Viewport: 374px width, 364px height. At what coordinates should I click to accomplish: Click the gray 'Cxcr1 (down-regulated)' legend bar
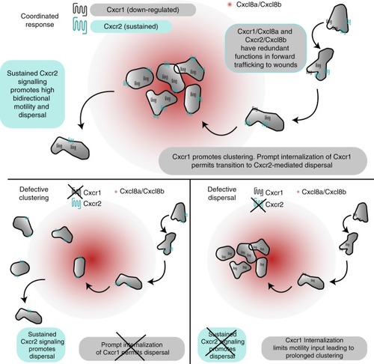click(x=143, y=10)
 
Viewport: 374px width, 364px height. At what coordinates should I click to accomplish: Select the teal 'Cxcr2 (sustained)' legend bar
click(x=131, y=26)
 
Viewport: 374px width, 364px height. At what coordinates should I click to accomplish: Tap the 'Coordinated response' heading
click(x=40, y=20)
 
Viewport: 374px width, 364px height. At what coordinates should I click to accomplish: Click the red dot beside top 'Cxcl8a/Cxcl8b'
click(x=230, y=4)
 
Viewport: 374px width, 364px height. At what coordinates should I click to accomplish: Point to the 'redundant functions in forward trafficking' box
click(x=266, y=48)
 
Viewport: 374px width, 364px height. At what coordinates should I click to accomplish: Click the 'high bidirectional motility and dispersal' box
click(x=32, y=94)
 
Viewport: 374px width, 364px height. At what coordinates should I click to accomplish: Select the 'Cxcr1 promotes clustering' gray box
click(x=263, y=161)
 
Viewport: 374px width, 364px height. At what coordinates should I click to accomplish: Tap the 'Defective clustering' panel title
click(x=34, y=193)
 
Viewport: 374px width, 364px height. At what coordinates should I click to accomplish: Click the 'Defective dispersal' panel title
click(x=222, y=193)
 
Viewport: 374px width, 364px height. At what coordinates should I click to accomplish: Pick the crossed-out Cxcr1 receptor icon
click(x=76, y=192)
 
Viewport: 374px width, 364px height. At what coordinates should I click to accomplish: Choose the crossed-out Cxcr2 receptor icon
click(x=258, y=204)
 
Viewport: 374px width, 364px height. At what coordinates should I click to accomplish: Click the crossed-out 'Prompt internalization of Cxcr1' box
click(x=132, y=348)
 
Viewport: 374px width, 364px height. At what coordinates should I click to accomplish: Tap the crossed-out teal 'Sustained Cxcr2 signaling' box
click(x=221, y=345)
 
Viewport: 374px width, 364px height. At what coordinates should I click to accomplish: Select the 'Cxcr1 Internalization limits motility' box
click(x=314, y=348)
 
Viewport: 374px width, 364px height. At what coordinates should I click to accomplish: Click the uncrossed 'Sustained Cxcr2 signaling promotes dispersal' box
click(x=42, y=345)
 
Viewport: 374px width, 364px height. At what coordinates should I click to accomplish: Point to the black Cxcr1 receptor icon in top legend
click(x=80, y=10)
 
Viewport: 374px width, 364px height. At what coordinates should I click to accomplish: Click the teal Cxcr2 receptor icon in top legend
click(x=80, y=26)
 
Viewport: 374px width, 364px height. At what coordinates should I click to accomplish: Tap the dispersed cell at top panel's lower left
click(x=70, y=148)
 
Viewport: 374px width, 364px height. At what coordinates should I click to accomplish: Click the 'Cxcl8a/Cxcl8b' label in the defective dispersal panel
click(x=324, y=192)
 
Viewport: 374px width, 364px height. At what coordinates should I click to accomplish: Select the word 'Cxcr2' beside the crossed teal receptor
click(x=275, y=204)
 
